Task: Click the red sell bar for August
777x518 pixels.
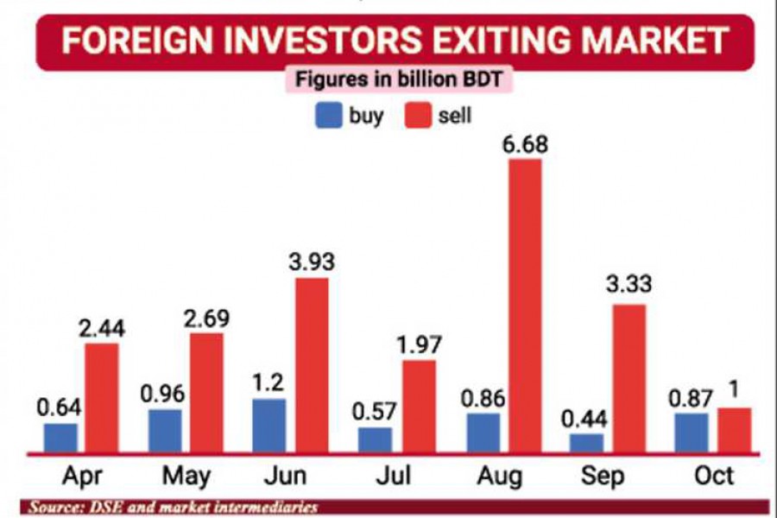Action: coord(524,306)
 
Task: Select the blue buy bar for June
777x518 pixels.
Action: coord(268,426)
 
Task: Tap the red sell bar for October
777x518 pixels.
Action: coord(734,430)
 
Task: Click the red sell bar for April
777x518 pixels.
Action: coord(101,397)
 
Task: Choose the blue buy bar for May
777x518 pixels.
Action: coord(165,431)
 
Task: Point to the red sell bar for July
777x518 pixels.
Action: coord(419,406)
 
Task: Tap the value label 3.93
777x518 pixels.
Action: coord(312,262)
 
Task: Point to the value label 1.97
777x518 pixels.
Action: coord(419,344)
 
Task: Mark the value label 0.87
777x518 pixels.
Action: coord(691,398)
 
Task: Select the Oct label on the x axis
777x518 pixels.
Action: coord(712,476)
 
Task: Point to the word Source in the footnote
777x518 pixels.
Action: coord(54,507)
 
